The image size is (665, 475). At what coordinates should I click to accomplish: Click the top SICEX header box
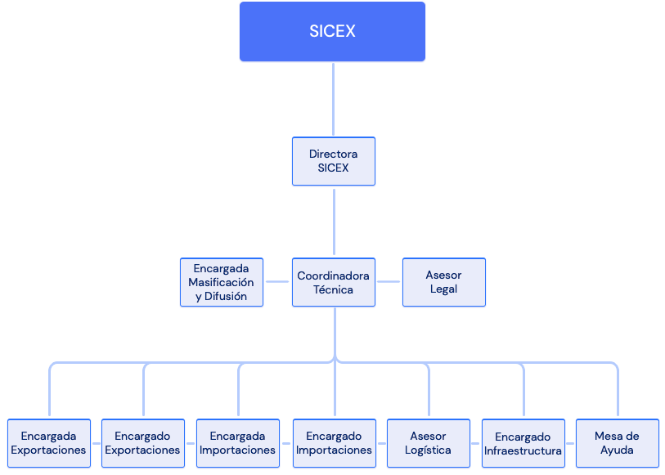click(332, 32)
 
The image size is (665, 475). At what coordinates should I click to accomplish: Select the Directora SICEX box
click(333, 161)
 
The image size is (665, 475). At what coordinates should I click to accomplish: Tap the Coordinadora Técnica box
click(333, 283)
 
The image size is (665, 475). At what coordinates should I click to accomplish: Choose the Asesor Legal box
click(443, 283)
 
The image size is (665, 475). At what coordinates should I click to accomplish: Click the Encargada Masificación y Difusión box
click(221, 283)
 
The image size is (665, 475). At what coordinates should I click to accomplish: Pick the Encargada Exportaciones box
click(48, 444)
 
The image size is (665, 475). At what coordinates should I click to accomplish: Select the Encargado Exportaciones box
click(142, 444)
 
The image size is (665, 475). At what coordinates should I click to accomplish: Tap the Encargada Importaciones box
click(237, 444)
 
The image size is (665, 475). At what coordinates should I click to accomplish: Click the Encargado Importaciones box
click(334, 444)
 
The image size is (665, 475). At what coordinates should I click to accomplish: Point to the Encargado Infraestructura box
click(523, 444)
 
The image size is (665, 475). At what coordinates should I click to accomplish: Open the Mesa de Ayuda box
click(617, 444)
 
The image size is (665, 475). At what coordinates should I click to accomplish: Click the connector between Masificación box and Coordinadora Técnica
click(278, 282)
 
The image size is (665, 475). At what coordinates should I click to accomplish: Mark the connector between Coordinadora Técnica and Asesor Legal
click(389, 282)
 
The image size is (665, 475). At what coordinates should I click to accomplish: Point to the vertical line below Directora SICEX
click(334, 221)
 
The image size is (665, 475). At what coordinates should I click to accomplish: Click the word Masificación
click(221, 282)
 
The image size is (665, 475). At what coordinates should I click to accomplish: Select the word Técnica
click(333, 289)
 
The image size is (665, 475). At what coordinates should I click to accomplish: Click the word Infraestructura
click(523, 451)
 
